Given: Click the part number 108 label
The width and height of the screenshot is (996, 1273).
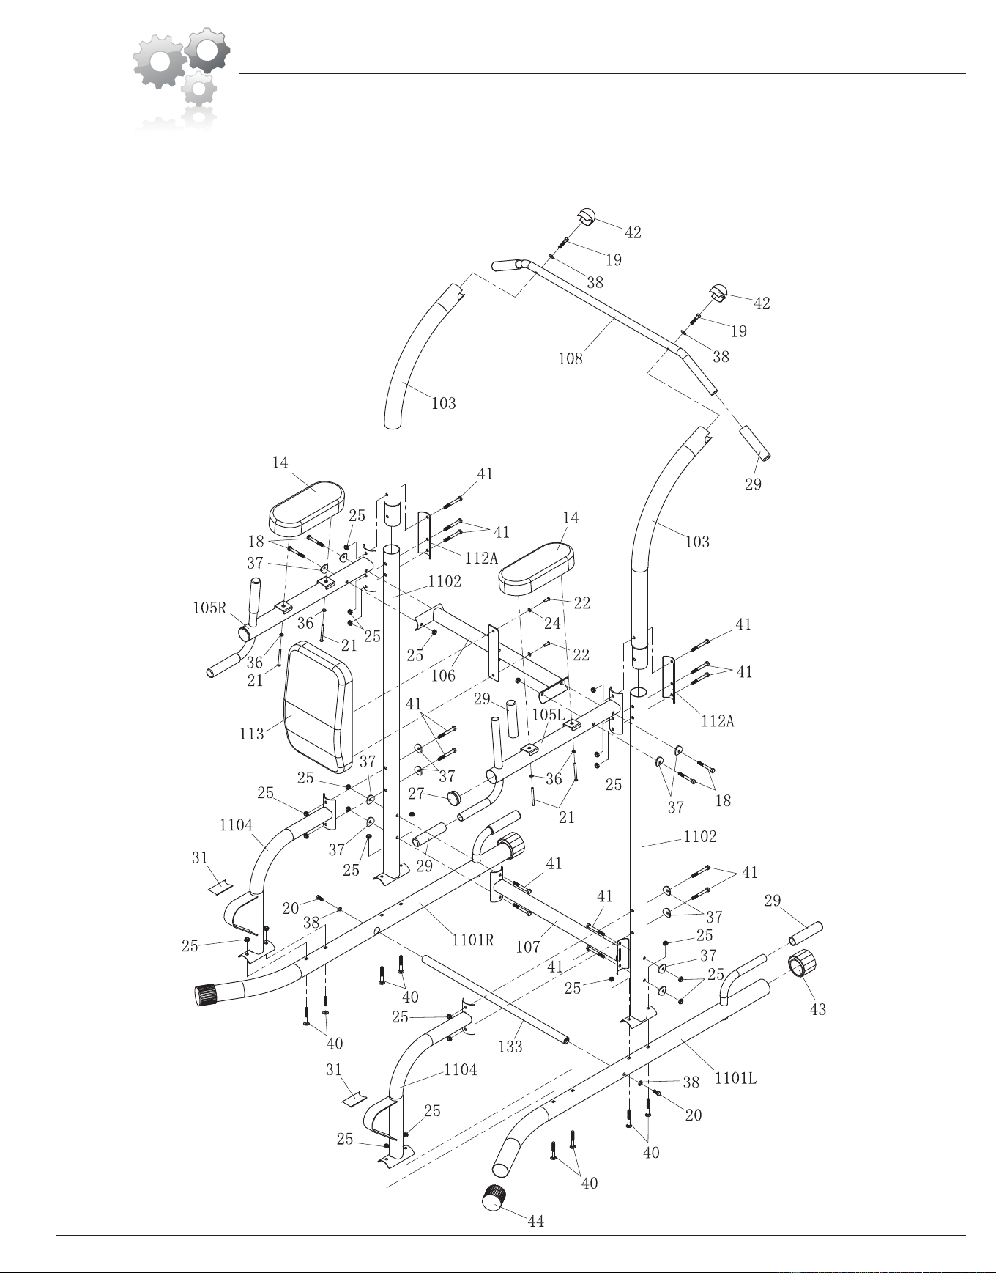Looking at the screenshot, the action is (x=571, y=358).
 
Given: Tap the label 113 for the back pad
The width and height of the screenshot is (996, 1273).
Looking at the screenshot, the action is (x=251, y=734).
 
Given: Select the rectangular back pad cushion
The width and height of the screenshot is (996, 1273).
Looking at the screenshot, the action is (x=319, y=707).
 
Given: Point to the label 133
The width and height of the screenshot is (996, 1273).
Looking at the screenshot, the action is (x=510, y=1047).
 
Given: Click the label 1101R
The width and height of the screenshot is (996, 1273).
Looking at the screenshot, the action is (x=473, y=940).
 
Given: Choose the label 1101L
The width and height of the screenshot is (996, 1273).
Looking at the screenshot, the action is (x=735, y=1078).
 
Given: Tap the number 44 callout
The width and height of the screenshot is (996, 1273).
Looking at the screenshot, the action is (x=536, y=1221).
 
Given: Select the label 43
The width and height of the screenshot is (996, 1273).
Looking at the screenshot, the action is (x=818, y=1009).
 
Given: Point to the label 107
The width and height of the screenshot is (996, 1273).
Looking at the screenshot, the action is (x=528, y=947).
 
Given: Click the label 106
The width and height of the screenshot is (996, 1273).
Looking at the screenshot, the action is (x=443, y=676).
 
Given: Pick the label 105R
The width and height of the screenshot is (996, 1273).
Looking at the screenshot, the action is (x=209, y=608).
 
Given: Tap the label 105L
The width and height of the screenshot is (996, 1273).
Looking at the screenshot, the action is (x=548, y=714).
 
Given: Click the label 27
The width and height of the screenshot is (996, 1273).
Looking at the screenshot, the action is (x=417, y=793).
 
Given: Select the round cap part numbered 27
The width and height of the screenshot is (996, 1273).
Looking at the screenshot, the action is (x=457, y=797).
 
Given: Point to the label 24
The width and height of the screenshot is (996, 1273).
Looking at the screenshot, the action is (x=552, y=624).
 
